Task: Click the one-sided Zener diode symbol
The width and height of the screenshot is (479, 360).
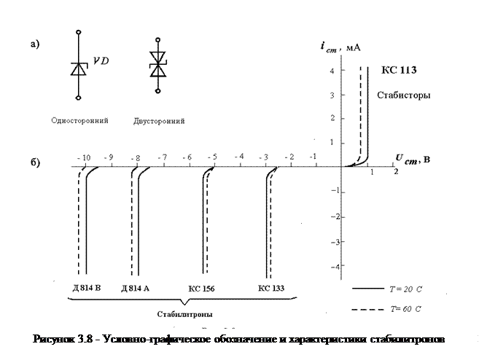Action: (79, 69)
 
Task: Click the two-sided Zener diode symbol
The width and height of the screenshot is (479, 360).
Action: (157, 63)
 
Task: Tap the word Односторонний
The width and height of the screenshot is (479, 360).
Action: (80, 120)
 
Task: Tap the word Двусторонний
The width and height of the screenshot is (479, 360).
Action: (159, 120)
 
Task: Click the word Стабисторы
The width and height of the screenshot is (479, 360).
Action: (403, 95)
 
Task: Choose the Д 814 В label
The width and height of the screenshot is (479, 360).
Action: (86, 289)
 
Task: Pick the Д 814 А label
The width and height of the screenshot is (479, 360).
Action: (136, 289)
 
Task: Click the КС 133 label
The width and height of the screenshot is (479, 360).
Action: (271, 289)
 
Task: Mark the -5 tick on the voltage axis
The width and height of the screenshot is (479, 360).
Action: (212, 157)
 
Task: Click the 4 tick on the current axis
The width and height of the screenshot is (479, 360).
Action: (332, 71)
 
